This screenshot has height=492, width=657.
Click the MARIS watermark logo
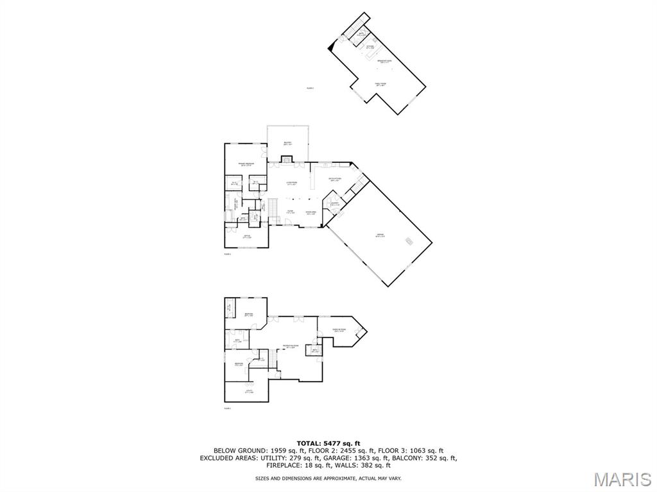coord(622,479)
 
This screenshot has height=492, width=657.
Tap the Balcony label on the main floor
coord(287,143)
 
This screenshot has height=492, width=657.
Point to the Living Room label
coord(291,183)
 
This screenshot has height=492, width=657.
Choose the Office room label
coord(246,237)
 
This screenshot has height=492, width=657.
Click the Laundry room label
coord(335,204)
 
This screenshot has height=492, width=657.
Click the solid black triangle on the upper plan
coord(331,46)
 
